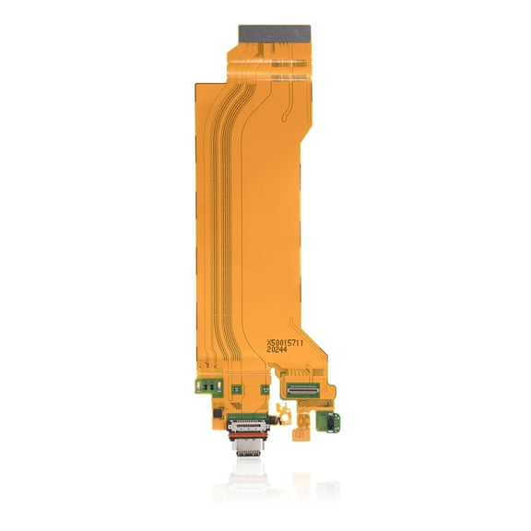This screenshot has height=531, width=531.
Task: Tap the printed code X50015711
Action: (x=290, y=341)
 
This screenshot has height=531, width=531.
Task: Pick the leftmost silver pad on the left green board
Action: (x=197, y=387)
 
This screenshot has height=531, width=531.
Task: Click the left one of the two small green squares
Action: (x=236, y=389)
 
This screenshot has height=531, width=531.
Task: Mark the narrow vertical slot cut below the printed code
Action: (x=274, y=371)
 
